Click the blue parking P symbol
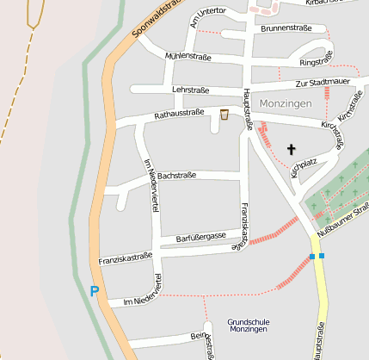94,291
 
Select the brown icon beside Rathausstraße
224,114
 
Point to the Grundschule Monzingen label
249,326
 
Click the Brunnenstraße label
284,28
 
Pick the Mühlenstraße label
188,56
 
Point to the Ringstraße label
316,62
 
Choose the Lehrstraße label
191,89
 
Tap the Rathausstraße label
178,113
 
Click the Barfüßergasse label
200,235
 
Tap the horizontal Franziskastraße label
126,258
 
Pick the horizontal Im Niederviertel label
138,301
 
